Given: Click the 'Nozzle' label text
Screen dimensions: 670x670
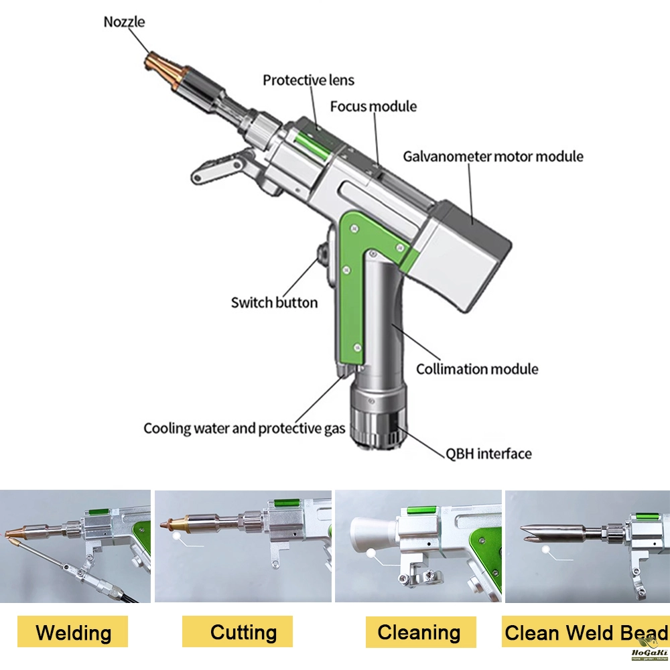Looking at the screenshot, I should [124, 22].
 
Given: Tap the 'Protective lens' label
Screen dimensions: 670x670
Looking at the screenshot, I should [308, 80].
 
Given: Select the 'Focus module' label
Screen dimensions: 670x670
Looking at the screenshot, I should [373, 107].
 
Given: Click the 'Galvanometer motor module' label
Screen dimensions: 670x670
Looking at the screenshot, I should [493, 157].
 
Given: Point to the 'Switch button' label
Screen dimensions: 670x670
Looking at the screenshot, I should [274, 303].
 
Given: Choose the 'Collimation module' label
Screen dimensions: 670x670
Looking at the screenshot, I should [477, 369].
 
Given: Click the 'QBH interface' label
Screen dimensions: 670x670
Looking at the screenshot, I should [489, 454].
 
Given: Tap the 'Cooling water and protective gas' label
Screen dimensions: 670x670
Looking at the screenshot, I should [245, 428].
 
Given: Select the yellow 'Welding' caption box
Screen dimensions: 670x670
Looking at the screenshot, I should [74, 632].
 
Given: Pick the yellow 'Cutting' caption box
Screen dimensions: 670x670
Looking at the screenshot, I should [243, 632].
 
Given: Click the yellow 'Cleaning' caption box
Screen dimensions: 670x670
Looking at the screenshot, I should [419, 632].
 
